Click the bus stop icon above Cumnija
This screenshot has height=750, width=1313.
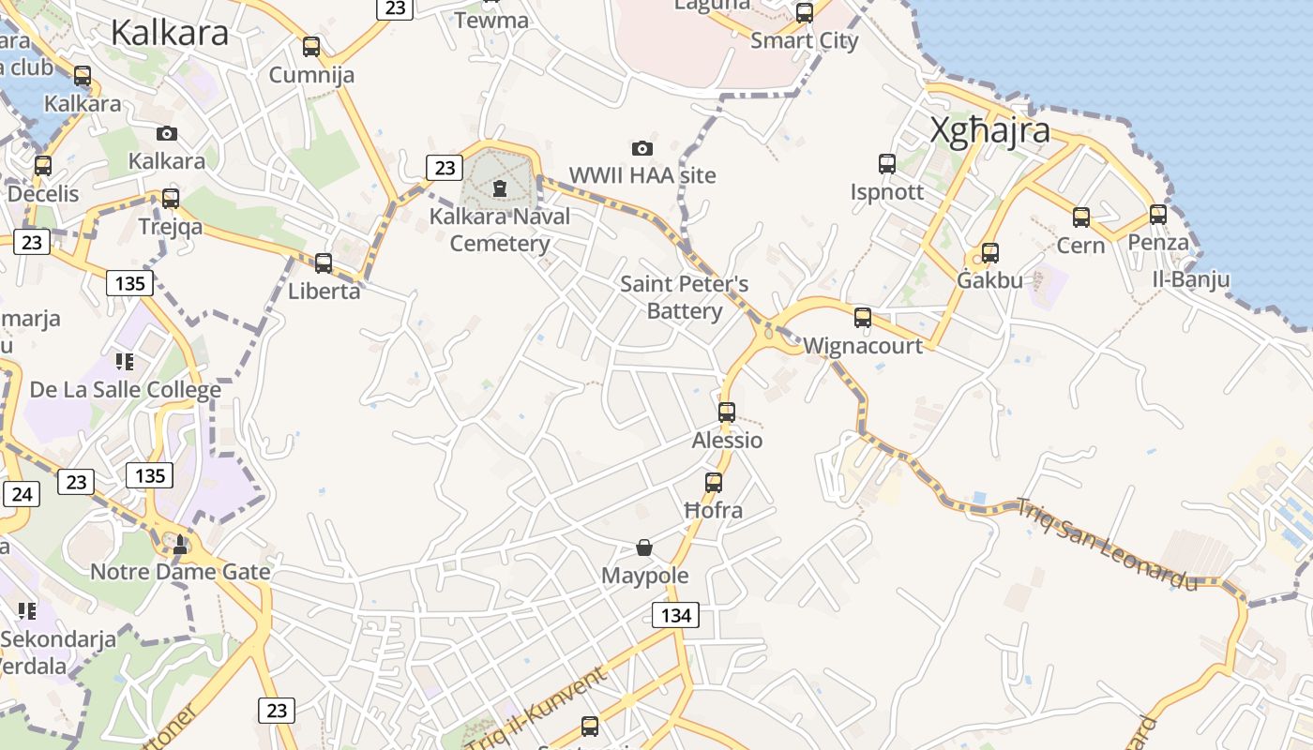pos(311,46)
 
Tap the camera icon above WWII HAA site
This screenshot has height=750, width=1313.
pos(642,148)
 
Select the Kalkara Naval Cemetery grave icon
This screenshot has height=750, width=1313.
pos(500,187)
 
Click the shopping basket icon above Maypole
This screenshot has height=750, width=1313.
pos(644,547)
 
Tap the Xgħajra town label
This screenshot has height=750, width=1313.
pos(989,130)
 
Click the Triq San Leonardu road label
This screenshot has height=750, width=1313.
pos(1108,545)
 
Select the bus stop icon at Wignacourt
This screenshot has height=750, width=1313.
pos(863,317)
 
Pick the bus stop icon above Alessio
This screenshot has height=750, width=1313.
pos(727,412)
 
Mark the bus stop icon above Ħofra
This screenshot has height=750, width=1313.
pos(714,483)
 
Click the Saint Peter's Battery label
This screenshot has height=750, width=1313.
pos(685,297)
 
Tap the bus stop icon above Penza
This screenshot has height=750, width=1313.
pos(1158,215)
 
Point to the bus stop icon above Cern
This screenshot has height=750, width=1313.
pos(1081,217)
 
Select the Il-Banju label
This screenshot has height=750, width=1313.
pos(1191,279)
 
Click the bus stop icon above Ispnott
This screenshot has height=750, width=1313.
pos(887,164)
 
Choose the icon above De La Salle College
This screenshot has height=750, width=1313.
pos(125,361)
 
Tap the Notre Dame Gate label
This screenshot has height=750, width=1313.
pos(180,571)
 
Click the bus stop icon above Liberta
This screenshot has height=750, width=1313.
pos(324,262)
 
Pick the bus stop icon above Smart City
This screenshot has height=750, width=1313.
pos(805,13)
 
